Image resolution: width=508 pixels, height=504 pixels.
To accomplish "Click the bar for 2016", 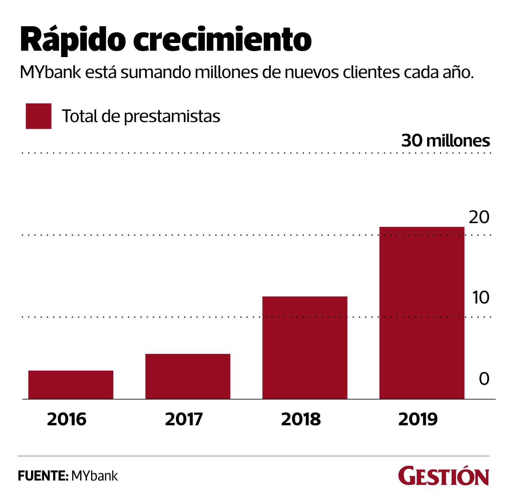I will [x=71, y=384].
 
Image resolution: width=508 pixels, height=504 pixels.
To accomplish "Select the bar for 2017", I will [x=188, y=376].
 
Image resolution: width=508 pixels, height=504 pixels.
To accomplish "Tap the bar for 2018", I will [x=305, y=347].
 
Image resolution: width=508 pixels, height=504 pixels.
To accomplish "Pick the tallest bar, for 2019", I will [x=422, y=313].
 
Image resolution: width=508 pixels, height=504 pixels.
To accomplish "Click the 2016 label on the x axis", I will [x=66, y=419].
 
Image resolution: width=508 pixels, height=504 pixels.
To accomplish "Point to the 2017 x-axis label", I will [x=184, y=419].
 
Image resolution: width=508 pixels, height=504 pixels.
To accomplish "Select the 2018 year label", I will [x=301, y=419].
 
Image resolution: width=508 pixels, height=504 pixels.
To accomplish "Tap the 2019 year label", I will [x=418, y=419].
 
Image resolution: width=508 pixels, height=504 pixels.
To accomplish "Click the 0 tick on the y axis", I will [x=484, y=379].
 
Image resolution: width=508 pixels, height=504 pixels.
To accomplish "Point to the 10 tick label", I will [x=481, y=297].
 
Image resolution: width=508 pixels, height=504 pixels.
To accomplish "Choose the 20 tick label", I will [x=479, y=217].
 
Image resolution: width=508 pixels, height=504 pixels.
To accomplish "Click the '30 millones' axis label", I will [x=445, y=141].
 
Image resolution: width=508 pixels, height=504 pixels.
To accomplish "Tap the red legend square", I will [x=38, y=116].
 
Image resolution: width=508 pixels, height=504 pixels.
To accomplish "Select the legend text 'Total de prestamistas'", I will [x=141, y=116].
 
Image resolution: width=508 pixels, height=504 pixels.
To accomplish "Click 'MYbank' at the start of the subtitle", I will [x=50, y=72].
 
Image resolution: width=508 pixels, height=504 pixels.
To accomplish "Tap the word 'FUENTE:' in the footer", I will [x=43, y=476].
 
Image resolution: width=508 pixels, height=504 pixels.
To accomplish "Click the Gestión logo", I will [x=443, y=476].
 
